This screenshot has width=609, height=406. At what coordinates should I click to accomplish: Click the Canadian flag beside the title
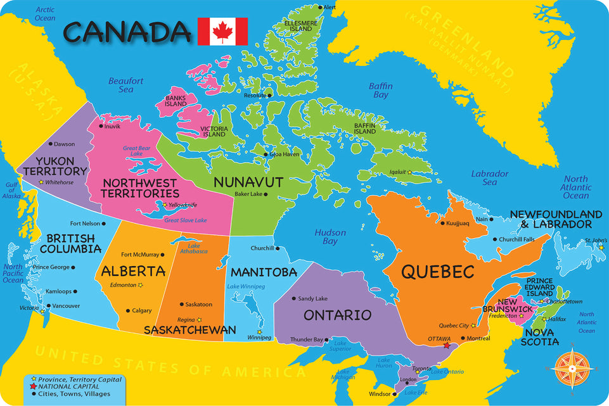[x=222, y=31]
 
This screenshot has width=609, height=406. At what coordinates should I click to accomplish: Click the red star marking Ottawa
[x=447, y=346]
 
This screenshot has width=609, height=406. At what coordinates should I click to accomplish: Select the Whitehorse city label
[x=59, y=182]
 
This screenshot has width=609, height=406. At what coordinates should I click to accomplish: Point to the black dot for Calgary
[x=127, y=310]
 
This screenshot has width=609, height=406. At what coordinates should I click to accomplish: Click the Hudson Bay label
[x=330, y=237]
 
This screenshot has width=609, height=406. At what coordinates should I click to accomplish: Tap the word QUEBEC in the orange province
[x=437, y=272]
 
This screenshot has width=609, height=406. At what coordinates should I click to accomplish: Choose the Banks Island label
[x=176, y=101]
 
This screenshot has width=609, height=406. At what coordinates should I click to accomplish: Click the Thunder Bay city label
[x=307, y=340]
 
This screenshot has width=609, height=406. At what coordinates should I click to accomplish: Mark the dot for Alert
[x=321, y=8]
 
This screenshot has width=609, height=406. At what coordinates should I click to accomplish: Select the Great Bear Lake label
[x=136, y=151]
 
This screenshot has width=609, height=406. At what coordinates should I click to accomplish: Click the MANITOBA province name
[x=264, y=272]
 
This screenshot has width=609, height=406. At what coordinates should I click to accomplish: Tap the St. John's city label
[x=596, y=240]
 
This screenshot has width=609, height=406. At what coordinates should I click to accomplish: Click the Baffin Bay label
[x=381, y=91]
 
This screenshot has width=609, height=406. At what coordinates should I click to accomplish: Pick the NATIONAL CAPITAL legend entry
[x=68, y=386]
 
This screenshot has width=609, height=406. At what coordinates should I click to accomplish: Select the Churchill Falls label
[x=516, y=239]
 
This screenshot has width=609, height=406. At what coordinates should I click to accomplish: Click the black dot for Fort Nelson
[x=103, y=224]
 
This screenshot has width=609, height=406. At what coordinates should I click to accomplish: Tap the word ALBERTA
[x=134, y=272]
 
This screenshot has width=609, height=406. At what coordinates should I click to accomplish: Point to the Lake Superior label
[x=341, y=346]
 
